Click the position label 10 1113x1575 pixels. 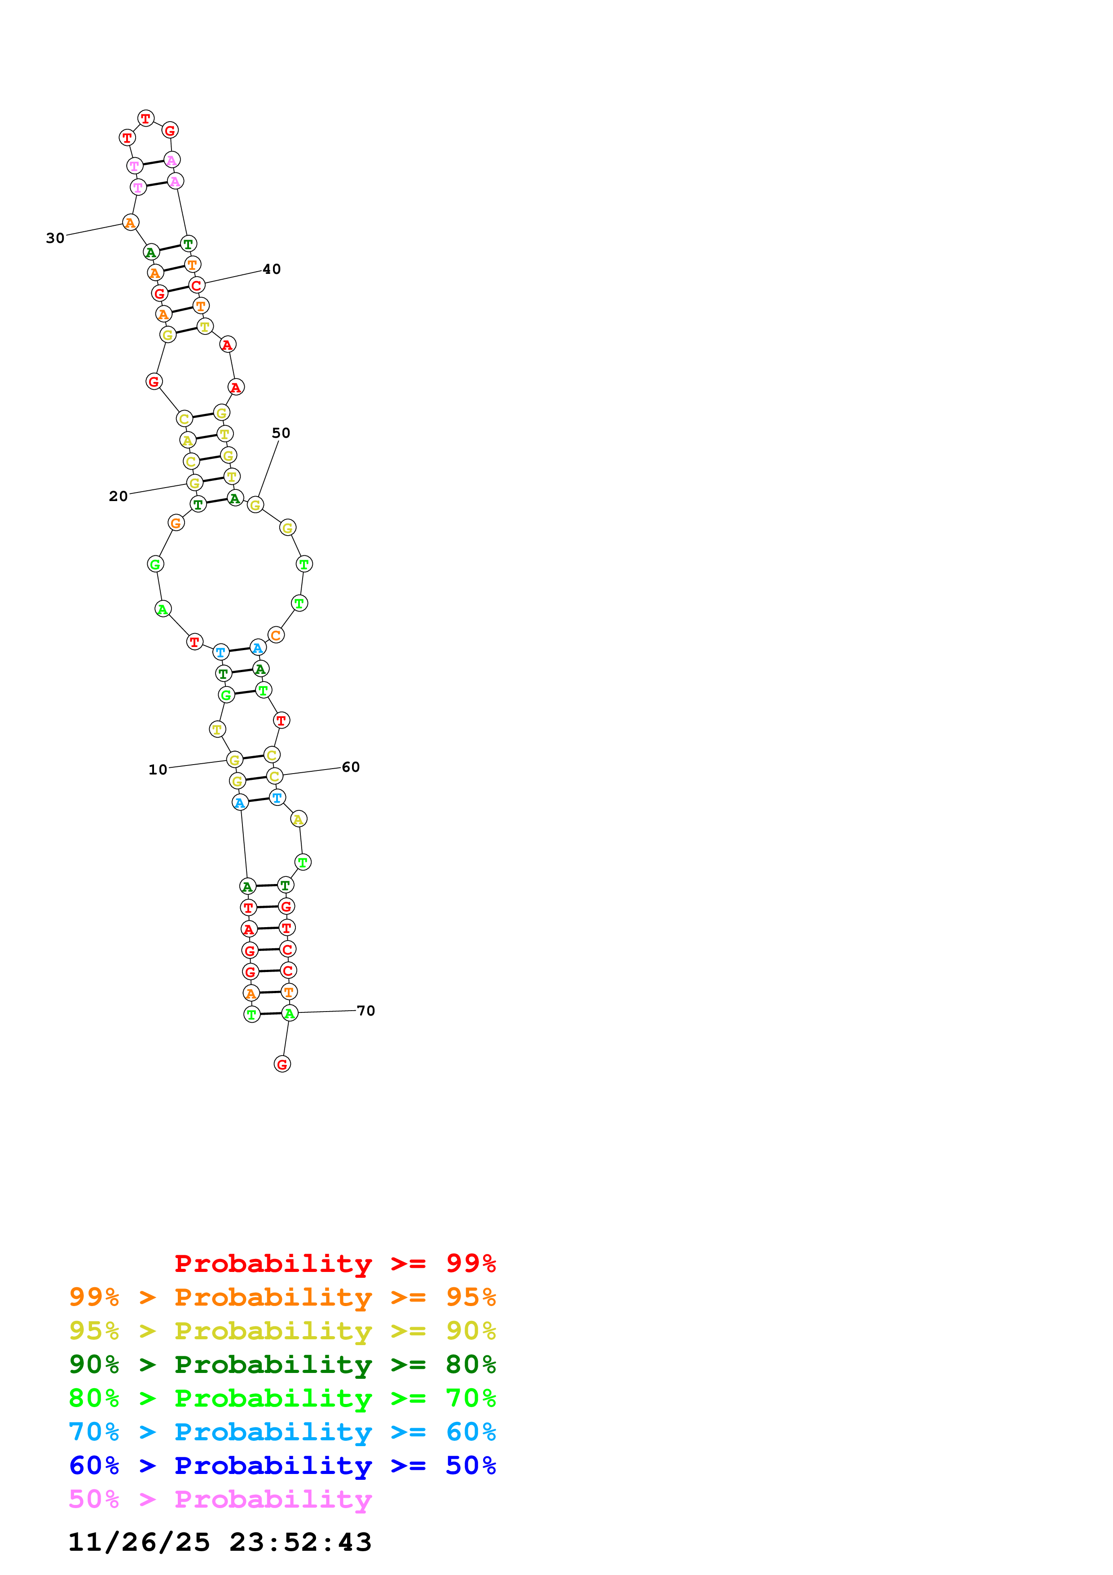coord(158,770)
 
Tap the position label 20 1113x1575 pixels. coord(118,496)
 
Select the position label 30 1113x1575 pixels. coord(55,238)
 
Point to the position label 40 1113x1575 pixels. coord(272,269)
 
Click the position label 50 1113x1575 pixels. coord(281,433)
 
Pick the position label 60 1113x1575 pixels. coord(351,767)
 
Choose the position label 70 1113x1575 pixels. coord(365,1011)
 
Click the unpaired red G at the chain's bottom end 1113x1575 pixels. coord(282,1064)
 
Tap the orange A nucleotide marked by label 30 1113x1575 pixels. coord(130,222)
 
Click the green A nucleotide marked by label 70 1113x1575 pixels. coord(290,1013)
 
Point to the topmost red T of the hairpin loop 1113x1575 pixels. coord(145,118)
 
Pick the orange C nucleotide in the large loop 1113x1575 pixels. coord(276,635)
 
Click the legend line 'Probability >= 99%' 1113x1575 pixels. coord(334,1263)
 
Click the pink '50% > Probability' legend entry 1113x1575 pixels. coord(220,1499)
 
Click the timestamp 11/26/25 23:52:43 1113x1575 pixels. coord(220,1542)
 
